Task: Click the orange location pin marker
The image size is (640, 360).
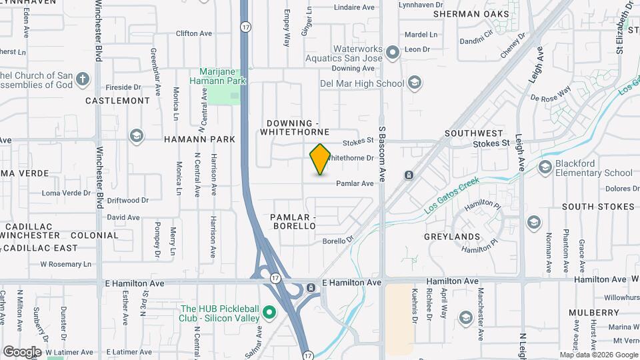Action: click(x=320, y=159)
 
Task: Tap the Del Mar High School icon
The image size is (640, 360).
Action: click(x=414, y=83)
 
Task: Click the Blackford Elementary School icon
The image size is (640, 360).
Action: click(x=545, y=166)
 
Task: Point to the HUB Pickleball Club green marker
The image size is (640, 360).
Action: click(x=270, y=312)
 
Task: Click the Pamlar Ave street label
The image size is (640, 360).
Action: click(x=355, y=183)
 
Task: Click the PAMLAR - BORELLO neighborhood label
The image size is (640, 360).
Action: click(x=293, y=222)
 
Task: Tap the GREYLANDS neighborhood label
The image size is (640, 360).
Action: click(x=452, y=237)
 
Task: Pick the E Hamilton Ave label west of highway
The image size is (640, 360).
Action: click(x=135, y=283)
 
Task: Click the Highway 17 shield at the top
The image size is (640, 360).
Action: click(x=246, y=27)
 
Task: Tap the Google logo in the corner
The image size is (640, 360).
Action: click(x=23, y=351)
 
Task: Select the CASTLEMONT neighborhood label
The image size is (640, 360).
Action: click(x=118, y=101)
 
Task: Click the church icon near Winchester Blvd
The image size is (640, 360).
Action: click(x=83, y=80)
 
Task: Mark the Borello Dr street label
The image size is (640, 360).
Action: click(x=337, y=241)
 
